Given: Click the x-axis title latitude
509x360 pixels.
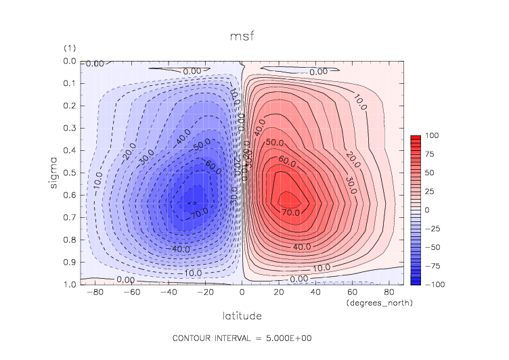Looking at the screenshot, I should point(242,316).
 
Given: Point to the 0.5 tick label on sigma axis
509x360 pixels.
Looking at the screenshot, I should point(70,173).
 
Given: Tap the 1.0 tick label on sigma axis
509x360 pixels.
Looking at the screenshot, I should point(70,284).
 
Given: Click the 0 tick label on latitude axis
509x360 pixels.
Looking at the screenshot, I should point(242,293).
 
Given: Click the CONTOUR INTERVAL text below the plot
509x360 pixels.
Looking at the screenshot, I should point(242,338).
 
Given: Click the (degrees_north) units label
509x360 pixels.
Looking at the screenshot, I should point(379,303).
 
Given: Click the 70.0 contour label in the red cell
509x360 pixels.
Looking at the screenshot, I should point(291,212).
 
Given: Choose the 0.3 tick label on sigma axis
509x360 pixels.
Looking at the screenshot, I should point(70,128).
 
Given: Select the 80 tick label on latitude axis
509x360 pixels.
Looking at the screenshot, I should point(389,293).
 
